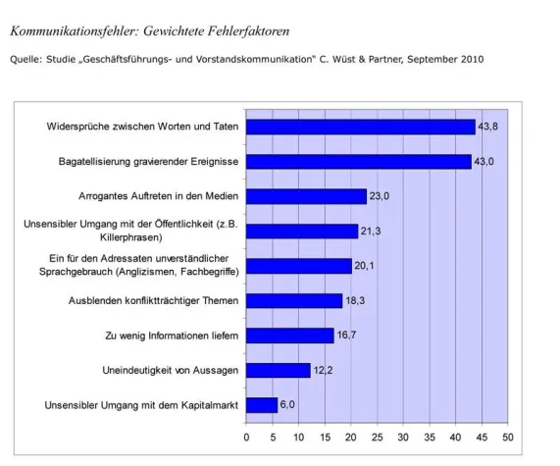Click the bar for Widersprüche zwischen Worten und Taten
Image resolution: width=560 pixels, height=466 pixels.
tap(360, 127)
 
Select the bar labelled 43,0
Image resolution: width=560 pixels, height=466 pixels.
tap(358, 161)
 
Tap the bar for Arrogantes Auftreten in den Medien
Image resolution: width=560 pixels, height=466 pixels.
tap(305, 196)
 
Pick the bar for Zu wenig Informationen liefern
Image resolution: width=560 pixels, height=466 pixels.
tap(289, 336)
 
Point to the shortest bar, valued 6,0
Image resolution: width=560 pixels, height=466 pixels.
tap(261, 404)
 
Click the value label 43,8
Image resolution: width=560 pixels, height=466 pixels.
tap(488, 127)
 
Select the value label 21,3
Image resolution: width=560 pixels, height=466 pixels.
tap(373, 232)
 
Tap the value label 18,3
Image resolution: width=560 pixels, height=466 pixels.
tap(356, 300)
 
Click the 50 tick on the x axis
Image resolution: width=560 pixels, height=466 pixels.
tap(507, 436)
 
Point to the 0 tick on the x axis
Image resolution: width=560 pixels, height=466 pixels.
tap(245, 436)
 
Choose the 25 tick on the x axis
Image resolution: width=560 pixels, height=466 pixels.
tap(377, 436)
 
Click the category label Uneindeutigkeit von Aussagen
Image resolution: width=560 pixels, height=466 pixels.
tap(169, 370)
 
